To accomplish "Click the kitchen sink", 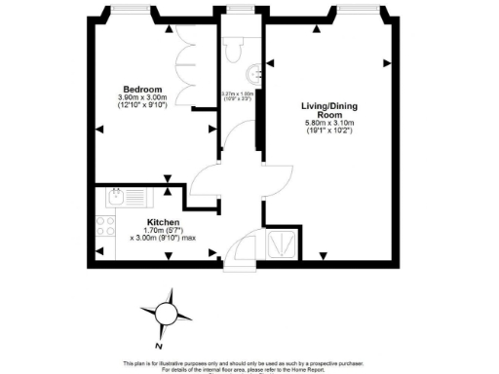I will [118, 198].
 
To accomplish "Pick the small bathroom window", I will [238, 13].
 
